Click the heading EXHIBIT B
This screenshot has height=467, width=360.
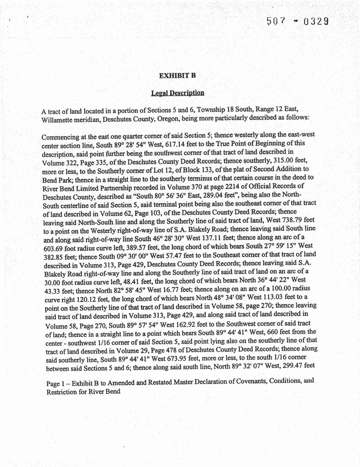point(177,76)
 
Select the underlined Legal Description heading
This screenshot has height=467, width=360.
point(177,93)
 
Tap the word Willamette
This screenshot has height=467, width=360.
point(57,120)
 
